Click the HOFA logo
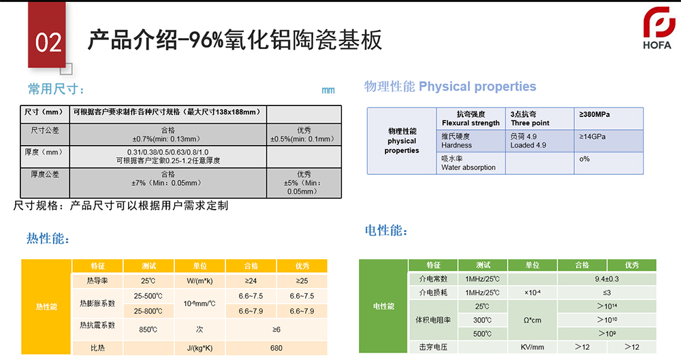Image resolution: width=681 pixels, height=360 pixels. tap(659, 28)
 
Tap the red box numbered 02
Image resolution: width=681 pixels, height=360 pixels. tap(47, 35)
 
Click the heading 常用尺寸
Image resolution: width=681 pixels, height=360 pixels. tap(56, 89)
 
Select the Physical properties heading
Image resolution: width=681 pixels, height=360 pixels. tap(477, 86)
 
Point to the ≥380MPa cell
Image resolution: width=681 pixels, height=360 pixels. tap(608, 118)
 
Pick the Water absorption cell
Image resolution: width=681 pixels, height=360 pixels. tap(471, 163)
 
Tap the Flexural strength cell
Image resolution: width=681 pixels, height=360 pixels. tap(471, 118)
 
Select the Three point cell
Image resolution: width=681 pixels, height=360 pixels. tap(539, 118)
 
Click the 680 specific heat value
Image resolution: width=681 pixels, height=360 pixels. tap(276, 348)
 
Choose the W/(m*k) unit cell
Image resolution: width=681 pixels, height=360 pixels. tap(200, 281)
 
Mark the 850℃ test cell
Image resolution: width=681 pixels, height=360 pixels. tap(148, 329)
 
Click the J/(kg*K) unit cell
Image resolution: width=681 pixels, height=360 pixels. tap(200, 348)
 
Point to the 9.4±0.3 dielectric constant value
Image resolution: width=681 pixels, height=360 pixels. tap(607, 279)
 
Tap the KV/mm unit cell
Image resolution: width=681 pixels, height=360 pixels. tap(533, 347)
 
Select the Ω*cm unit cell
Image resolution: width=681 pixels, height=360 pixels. tap(533, 320)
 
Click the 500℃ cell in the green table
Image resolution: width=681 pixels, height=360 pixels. tap(483, 333)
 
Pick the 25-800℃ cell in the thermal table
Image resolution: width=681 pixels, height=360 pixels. tap(148, 311)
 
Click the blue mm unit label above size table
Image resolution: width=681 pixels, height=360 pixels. tap(328, 90)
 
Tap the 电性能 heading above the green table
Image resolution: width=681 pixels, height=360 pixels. tap(386, 230)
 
